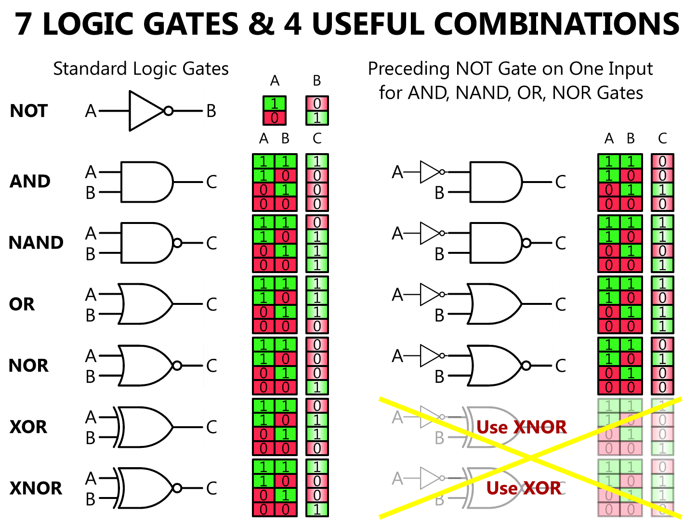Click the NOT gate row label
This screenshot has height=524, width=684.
tap(29, 111)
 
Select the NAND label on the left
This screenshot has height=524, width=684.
tap(36, 243)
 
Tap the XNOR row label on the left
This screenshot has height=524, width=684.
tap(36, 488)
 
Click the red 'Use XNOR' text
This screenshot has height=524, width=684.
tap(521, 427)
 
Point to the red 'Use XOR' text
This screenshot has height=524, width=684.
tap(524, 488)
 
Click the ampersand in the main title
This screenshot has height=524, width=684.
tap(261, 24)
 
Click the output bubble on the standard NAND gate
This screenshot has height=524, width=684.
tap(177, 243)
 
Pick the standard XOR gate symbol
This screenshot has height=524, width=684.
tap(145, 427)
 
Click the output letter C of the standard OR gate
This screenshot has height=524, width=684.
tap(211, 304)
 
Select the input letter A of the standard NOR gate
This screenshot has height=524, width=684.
tap(91, 356)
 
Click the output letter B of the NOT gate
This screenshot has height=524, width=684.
tap(211, 111)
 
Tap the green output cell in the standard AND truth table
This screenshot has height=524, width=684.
tap(317, 161)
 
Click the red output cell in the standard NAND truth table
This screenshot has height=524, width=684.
tap(317, 223)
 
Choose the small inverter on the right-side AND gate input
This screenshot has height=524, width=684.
tap(430, 172)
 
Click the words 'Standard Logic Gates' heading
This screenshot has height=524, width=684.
tap(141, 69)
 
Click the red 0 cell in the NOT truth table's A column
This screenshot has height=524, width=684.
tap(275, 118)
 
